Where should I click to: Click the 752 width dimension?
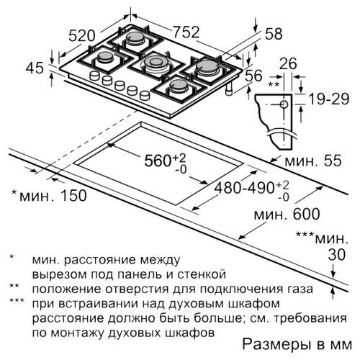tap(186, 32)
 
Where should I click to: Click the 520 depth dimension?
tap(82, 36)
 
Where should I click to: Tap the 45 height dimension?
tap(35, 68)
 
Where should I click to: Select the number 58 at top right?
tap(274, 34)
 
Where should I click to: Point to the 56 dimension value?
tap(254, 76)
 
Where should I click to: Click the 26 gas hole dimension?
tap(288, 64)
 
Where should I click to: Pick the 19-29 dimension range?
tap(328, 99)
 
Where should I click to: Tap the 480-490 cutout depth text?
tap(244, 187)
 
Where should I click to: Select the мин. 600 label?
tap(287, 214)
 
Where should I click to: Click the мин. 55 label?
tap(312, 161)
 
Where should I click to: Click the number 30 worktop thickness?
tap(337, 254)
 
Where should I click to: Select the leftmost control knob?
tap(94, 76)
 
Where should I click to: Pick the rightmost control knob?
tap(145, 95)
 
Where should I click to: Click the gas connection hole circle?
tap(284, 104)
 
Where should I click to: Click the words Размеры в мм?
tap(297, 345)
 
